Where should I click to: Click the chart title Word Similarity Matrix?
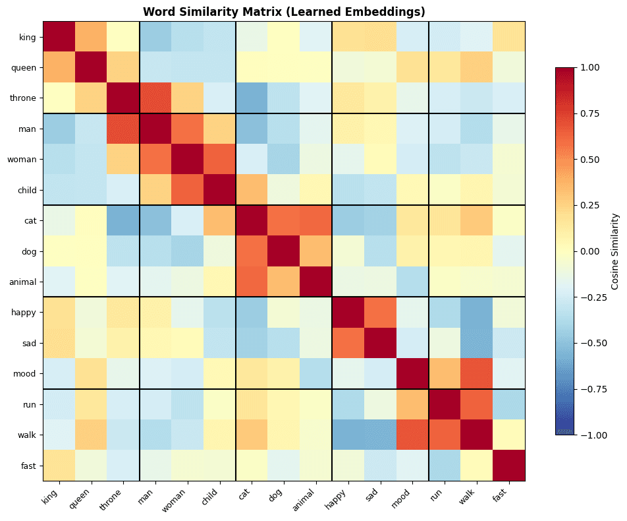[x=284, y=12]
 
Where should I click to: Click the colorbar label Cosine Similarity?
[x=614, y=251]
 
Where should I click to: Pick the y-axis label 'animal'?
[x=24, y=282]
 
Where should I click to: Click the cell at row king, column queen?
[x=91, y=36]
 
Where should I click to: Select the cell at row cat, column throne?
[x=123, y=220]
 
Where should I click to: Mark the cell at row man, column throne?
[x=123, y=129]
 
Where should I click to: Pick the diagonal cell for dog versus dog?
[x=284, y=251]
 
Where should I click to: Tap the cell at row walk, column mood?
[x=412, y=435]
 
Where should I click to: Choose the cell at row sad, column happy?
[x=348, y=343]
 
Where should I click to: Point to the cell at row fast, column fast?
[x=509, y=466]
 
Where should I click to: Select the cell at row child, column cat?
[x=252, y=190]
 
